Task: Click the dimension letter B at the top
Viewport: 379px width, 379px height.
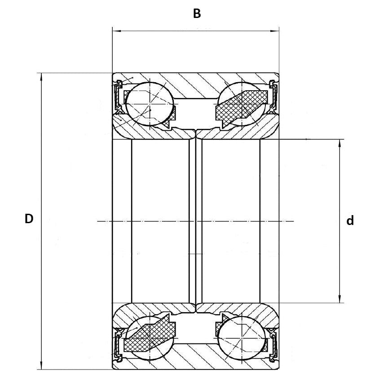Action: click(197, 14)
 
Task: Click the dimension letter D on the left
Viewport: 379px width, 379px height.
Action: click(29, 219)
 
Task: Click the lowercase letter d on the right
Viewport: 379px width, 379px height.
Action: click(350, 221)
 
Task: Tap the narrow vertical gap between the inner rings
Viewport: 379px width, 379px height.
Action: click(196, 220)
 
